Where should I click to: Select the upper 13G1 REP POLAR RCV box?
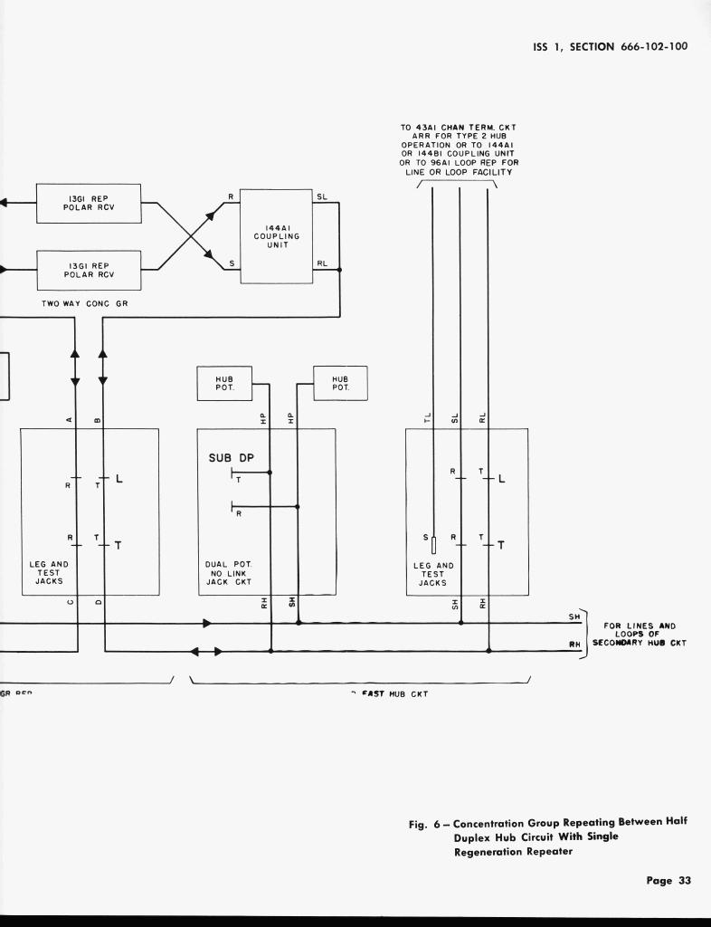click(x=89, y=204)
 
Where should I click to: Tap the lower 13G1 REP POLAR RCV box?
click(x=89, y=269)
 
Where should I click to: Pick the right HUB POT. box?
click(x=339, y=383)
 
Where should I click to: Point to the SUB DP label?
click(x=232, y=457)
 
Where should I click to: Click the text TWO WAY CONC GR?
click(x=85, y=303)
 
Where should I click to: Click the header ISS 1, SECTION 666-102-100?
click(x=610, y=46)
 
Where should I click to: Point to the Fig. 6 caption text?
click(x=547, y=837)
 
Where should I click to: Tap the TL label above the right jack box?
click(x=428, y=417)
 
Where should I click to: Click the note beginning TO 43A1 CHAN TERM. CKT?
click(x=460, y=150)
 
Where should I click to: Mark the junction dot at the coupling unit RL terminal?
click(x=339, y=270)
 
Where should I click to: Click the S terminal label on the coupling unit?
click(x=232, y=263)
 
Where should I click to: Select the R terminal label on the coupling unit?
click(x=232, y=196)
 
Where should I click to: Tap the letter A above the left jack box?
click(x=70, y=419)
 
